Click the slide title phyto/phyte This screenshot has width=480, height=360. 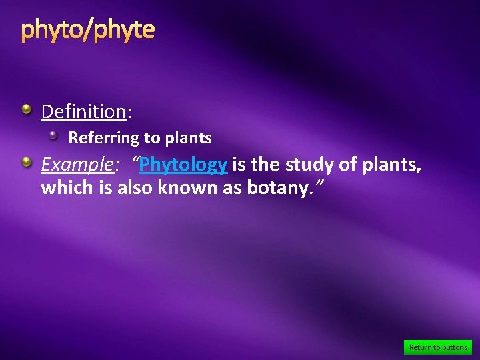88,30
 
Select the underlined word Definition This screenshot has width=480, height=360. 83,111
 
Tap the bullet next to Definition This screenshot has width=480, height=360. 26,109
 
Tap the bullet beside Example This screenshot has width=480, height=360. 26,161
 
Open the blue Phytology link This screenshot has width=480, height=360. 183,164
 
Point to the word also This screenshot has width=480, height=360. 135,188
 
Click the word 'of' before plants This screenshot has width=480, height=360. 348,164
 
